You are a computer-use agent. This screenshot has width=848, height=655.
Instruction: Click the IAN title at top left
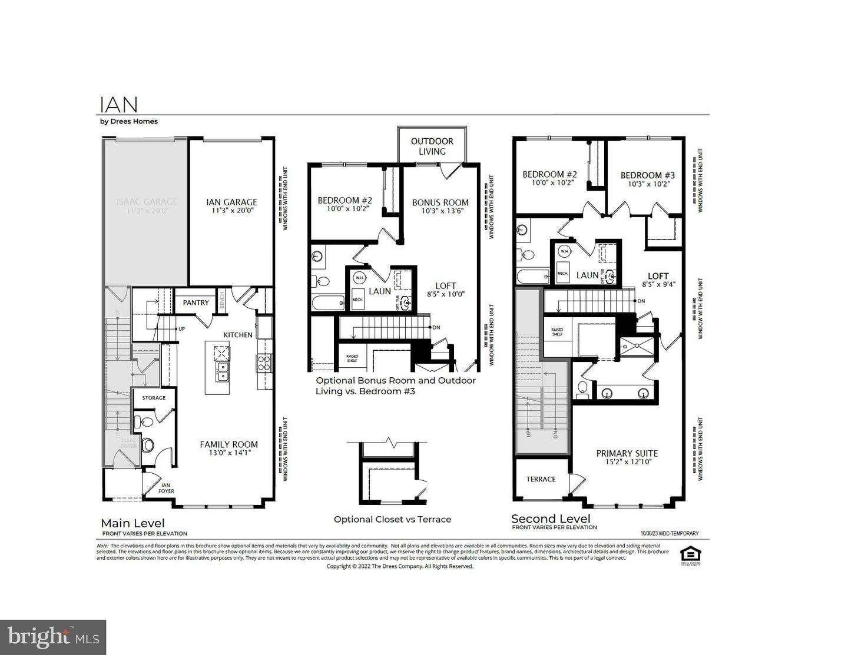click(x=119, y=105)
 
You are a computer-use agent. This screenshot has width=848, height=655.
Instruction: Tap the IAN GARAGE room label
click(x=231, y=205)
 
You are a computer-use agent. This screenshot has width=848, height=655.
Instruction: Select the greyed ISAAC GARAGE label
click(x=146, y=205)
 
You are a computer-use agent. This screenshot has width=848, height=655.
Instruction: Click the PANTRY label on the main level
click(x=196, y=302)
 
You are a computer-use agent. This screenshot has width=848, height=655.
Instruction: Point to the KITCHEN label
click(x=237, y=335)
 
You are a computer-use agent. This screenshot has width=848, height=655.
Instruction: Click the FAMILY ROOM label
click(x=228, y=448)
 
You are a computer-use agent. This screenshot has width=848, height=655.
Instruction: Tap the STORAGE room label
click(x=154, y=398)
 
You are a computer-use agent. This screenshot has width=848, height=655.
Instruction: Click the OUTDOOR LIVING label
click(x=432, y=146)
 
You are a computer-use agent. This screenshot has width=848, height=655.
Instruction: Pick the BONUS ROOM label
click(x=440, y=206)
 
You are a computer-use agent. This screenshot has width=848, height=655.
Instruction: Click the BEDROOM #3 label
click(x=647, y=179)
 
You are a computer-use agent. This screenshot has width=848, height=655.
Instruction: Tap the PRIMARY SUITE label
click(x=627, y=457)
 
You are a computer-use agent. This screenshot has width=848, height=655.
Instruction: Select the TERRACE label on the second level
click(x=541, y=479)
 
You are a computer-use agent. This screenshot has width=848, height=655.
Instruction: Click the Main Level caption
click(x=132, y=523)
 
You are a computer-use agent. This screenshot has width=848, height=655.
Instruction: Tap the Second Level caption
click(x=550, y=518)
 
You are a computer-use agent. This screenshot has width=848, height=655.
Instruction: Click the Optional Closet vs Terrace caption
click(x=392, y=519)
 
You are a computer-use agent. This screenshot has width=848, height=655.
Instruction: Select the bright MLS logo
click(x=53, y=637)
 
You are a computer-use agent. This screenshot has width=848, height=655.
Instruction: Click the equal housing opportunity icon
click(x=687, y=555)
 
